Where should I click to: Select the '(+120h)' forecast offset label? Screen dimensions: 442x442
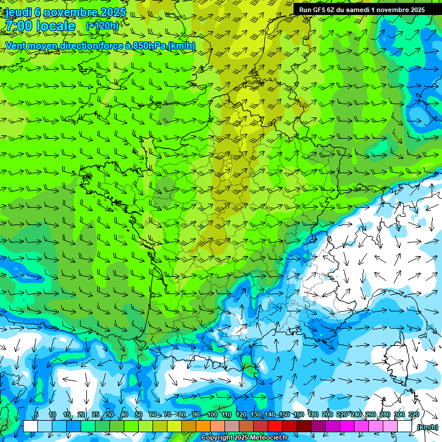(102, 26)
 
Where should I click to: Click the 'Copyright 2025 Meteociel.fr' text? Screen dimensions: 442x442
(245, 438)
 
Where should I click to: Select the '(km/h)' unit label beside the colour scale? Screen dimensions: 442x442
(426, 427)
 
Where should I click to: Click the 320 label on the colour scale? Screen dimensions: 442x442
(414, 415)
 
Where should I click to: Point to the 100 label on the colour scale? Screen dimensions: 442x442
(212, 415)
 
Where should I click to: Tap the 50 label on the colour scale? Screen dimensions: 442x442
(139, 415)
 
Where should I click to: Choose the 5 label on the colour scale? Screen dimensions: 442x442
(36, 415)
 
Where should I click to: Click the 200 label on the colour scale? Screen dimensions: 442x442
(327, 415)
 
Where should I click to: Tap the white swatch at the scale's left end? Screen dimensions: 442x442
(30, 426)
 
